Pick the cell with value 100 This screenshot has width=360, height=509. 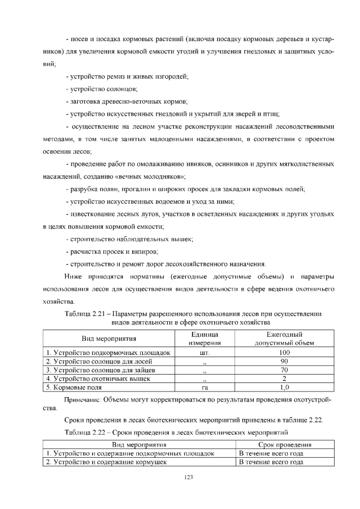[284, 353]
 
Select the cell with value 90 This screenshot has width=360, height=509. [284, 361]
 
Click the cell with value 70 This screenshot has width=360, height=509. [284, 370]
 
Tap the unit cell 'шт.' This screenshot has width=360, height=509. [204, 353]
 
